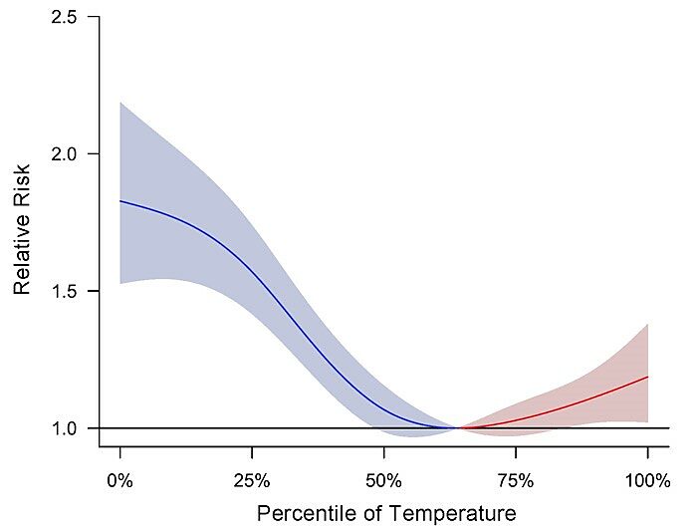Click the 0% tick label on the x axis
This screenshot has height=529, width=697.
point(120,481)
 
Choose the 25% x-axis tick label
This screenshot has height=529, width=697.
point(252,481)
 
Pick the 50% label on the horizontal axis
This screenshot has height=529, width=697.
point(383,481)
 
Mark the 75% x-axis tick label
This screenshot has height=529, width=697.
point(515,481)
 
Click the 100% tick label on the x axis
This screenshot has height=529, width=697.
point(647,481)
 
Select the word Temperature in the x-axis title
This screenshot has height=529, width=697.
point(448,514)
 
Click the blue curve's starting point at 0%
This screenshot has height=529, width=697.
point(120,201)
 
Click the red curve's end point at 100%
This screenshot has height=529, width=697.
point(647,377)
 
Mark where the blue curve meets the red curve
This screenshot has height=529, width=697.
point(457,428)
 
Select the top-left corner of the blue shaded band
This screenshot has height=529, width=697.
point(120,102)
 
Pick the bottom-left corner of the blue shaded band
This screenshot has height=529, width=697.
point(120,284)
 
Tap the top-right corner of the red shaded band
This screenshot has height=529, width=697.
point(647,323)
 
